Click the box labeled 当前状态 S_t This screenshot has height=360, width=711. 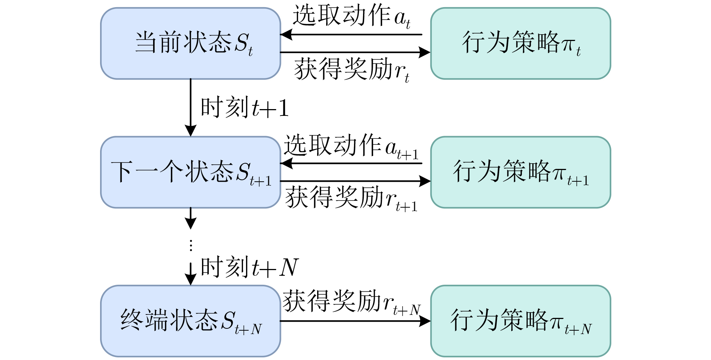[190, 43]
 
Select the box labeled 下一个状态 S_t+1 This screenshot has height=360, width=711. [190, 172]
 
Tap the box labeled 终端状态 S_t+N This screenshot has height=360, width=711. [190, 321]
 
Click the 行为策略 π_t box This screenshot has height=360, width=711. [520, 43]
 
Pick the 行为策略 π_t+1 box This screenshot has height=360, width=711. [520, 172]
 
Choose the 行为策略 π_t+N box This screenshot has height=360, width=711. [520, 321]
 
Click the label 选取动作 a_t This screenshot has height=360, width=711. [351, 17]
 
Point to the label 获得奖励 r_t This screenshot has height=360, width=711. [351, 70]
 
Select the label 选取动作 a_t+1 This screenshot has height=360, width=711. [351, 146]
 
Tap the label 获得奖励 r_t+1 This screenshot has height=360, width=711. [351, 198]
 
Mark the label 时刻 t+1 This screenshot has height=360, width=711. [245, 108]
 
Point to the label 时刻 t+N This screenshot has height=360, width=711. [249, 267]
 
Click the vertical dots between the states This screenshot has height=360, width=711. [191, 246]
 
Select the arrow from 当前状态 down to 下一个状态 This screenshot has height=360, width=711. [191, 105]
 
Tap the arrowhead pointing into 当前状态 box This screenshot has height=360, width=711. [286, 35]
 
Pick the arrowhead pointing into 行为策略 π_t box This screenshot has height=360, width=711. [425, 52]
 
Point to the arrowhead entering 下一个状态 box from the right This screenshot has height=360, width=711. [286, 163]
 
